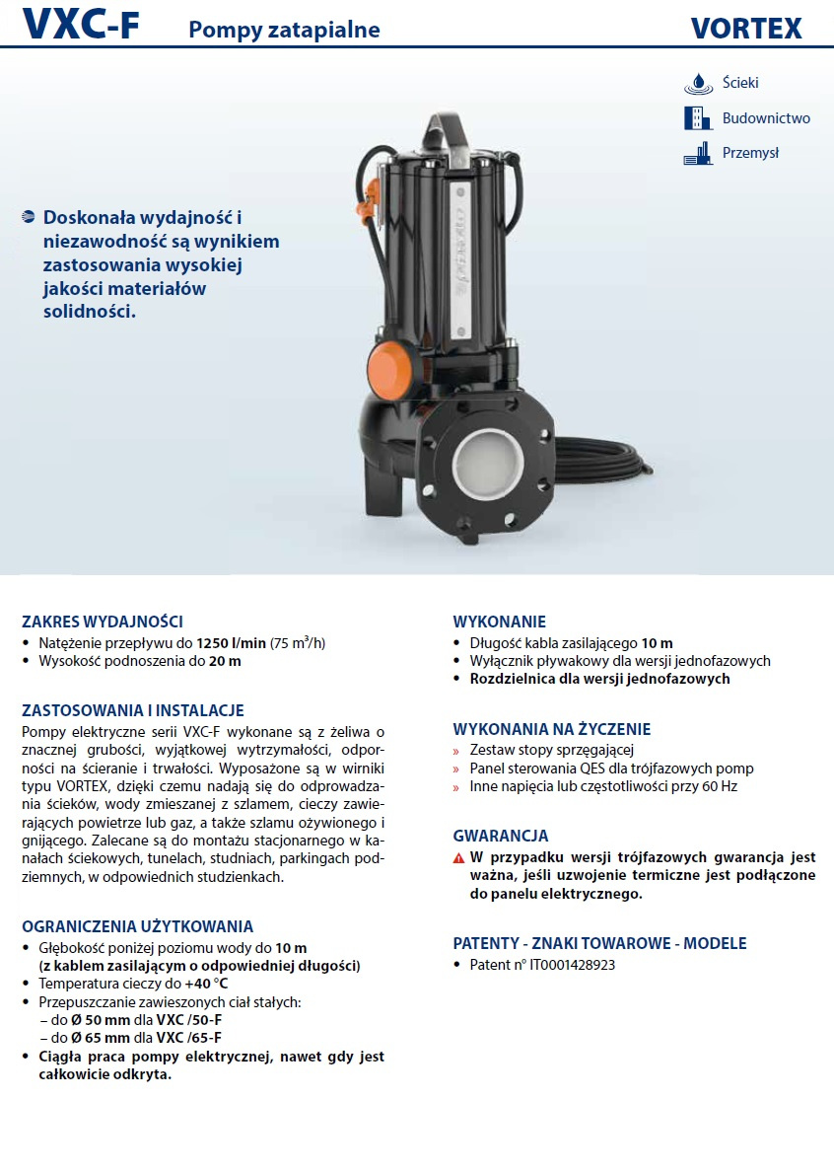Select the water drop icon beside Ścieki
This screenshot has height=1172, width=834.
698,83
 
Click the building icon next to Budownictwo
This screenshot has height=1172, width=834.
697,118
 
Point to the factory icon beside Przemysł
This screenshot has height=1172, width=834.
697,153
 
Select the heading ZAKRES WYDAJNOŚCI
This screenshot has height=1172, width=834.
103,622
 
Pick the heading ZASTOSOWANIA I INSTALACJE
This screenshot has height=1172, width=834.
133,710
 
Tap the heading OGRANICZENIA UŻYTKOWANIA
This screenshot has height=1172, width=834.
138,926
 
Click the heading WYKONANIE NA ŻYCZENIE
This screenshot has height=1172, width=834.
551,729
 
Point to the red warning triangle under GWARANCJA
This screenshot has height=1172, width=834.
458,858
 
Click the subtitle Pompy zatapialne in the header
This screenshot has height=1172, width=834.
284,31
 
